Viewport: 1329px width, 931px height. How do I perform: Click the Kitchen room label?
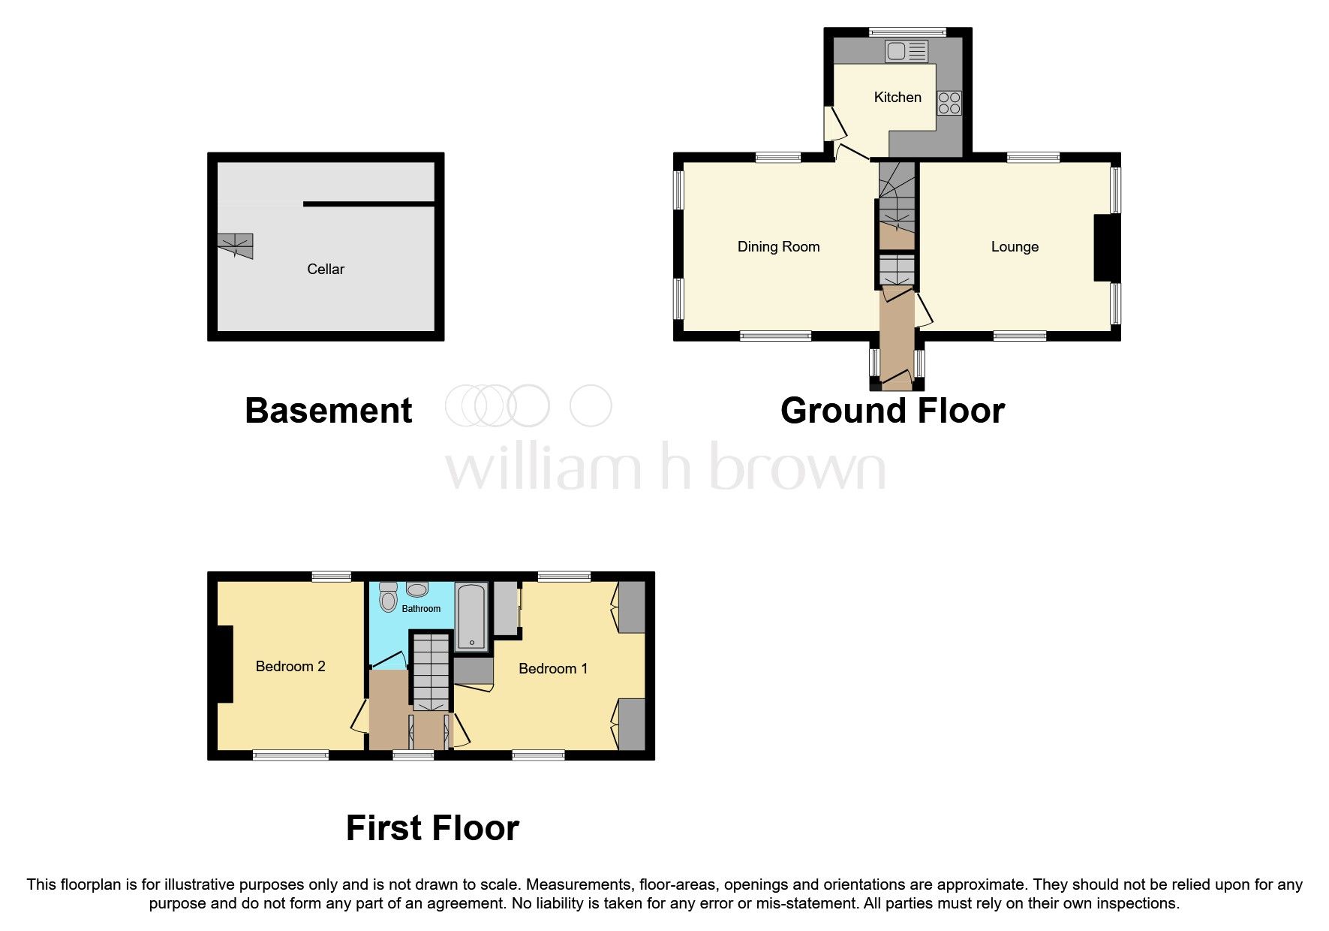coord(897,97)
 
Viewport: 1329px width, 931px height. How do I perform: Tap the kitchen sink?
coord(906,51)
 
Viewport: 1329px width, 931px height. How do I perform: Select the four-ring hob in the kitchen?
coord(949,103)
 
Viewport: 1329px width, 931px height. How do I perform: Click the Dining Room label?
coord(778,246)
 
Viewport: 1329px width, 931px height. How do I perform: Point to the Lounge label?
coord(1014,246)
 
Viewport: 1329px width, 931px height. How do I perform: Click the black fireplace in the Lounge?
coord(1106,248)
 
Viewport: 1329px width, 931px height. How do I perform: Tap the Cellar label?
coord(325,269)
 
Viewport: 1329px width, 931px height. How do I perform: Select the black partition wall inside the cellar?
coord(368,203)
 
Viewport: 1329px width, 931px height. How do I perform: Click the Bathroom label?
coord(421,608)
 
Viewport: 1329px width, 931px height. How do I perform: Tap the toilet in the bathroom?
coord(388,598)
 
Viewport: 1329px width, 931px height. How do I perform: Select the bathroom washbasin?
coord(417,589)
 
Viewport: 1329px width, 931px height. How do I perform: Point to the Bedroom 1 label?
coord(553,668)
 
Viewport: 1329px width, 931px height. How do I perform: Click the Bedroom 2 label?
coord(290,666)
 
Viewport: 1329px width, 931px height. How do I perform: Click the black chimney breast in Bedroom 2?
coord(225,664)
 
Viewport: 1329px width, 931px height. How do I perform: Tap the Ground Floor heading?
coord(892,411)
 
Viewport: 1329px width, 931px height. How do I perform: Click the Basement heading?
coord(328,411)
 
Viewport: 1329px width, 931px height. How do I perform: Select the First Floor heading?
coord(432,828)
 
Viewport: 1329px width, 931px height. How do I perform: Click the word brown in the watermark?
coord(797,467)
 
